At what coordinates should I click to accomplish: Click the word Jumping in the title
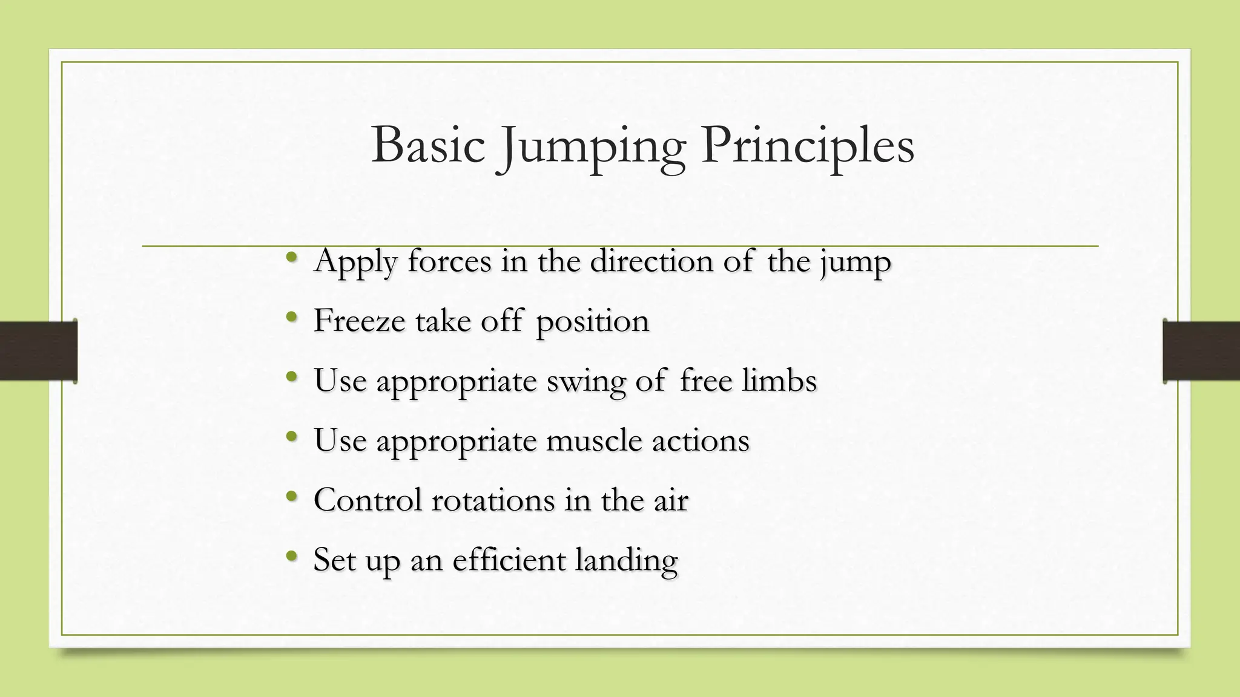click(x=592, y=146)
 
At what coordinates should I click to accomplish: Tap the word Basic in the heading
click(x=428, y=145)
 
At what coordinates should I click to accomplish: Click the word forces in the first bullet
click(x=449, y=261)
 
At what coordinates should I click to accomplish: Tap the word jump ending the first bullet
click(x=856, y=263)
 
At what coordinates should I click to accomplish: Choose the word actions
click(x=701, y=440)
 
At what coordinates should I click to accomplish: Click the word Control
click(x=367, y=500)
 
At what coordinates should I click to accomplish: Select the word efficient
click(x=509, y=560)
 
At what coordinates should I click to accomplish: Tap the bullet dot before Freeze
click(x=292, y=316)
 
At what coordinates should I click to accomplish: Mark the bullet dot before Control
click(x=292, y=496)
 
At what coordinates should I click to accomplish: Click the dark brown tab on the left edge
click(x=38, y=351)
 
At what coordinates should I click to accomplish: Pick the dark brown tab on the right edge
click(x=1201, y=351)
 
